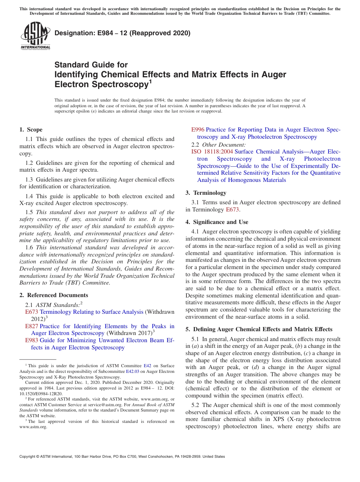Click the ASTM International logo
(x=35, y=36)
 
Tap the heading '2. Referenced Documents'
(x=54, y=295)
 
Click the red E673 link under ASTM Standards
(x=31, y=312)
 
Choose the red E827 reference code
(x=31, y=326)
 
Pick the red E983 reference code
(x=31, y=340)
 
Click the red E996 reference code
(x=197, y=130)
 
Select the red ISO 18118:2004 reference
(x=212, y=152)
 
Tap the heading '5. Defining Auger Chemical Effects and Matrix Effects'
(x=259, y=329)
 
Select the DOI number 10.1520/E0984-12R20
(x=41, y=394)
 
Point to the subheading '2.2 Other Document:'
(x=218, y=144)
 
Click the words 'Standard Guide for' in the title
(x=91, y=65)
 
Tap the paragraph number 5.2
(x=196, y=405)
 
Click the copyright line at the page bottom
(x=122, y=457)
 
